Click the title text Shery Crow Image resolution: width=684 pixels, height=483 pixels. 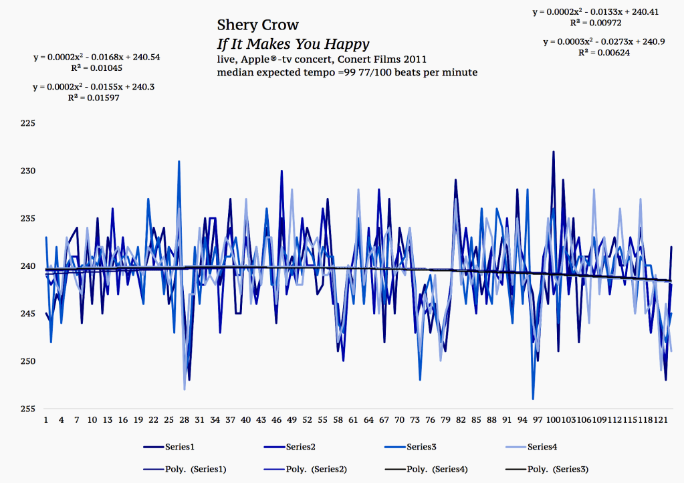[257, 25]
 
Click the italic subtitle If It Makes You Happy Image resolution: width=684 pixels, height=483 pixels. [293, 45]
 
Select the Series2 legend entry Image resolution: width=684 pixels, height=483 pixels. [302, 446]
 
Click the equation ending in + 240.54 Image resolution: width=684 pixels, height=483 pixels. [97, 58]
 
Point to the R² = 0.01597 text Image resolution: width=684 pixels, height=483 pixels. [97, 98]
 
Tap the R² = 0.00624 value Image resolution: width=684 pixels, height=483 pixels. [604, 52]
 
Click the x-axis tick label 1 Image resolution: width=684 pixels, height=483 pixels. [46, 420]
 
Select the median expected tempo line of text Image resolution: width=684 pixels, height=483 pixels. [346, 72]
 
